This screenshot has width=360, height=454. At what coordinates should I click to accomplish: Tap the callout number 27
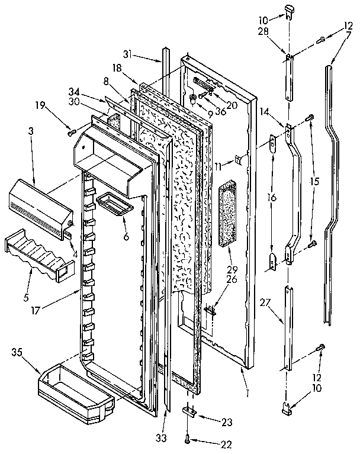(x=265, y=302)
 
